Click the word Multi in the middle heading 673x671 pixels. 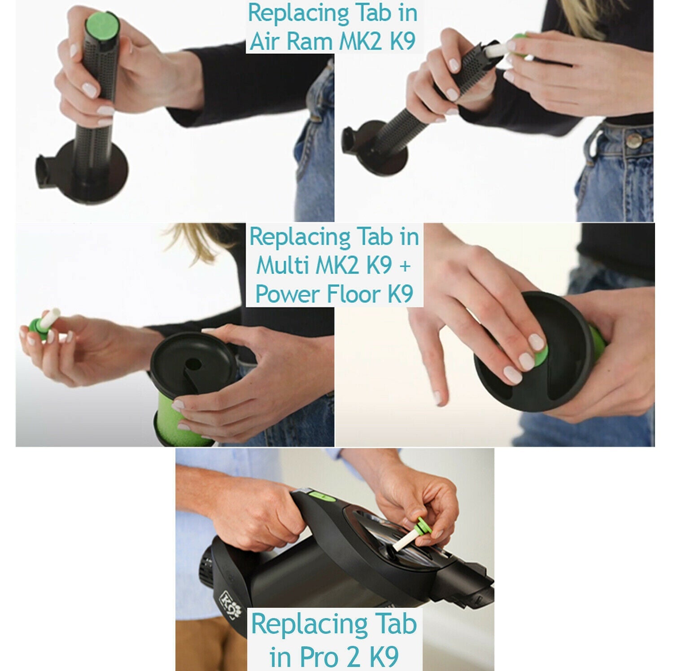(283, 265)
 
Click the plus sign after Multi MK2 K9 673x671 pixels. (404, 266)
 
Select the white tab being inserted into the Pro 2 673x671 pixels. (403, 539)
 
